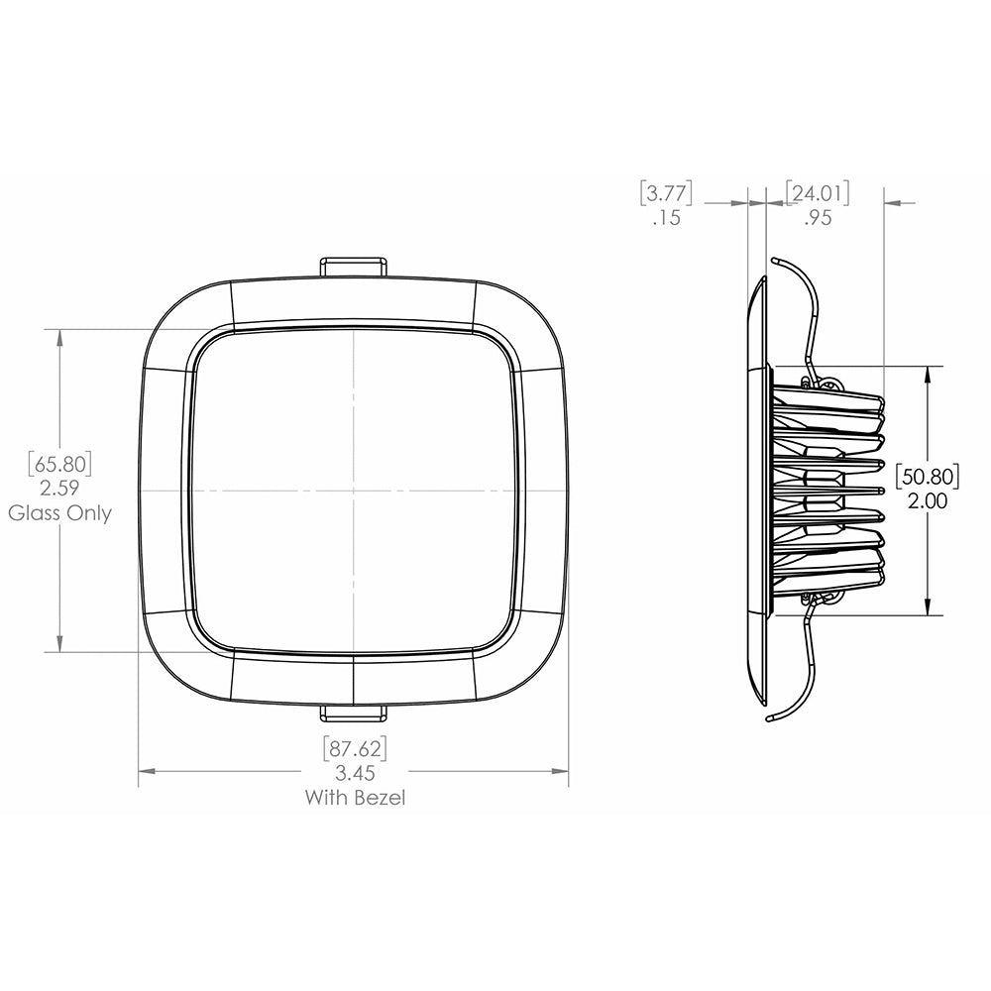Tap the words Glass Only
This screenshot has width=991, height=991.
click(60, 513)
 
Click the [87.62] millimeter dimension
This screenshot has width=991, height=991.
click(355, 747)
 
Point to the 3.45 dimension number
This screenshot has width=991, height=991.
click(355, 773)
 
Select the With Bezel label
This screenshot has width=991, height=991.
click(355, 798)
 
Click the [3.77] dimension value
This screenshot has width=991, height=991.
click(666, 192)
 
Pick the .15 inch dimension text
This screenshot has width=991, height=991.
click(667, 219)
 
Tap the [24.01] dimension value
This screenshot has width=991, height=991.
click(818, 192)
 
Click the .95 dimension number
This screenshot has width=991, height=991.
click(818, 219)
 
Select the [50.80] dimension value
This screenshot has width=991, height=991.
click(928, 477)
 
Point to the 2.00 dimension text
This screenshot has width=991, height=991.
click(928, 502)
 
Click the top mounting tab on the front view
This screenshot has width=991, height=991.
click(354, 268)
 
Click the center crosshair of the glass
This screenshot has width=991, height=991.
click(354, 491)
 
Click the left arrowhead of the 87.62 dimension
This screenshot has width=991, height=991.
click(145, 769)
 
